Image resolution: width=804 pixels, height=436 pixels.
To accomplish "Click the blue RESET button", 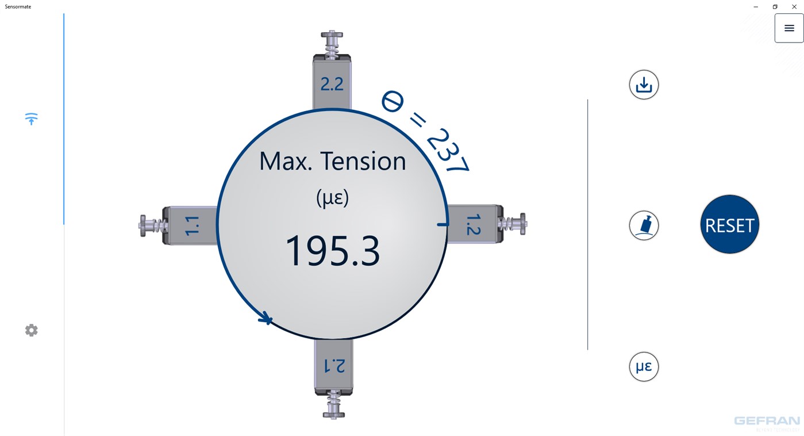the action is pos(729,224).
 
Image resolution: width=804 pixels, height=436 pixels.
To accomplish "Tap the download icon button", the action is pos(644,85).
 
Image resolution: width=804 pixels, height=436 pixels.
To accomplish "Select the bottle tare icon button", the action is pos(644,225).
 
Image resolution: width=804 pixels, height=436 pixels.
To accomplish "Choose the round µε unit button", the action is pos(644,366).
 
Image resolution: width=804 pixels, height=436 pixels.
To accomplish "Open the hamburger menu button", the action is pos(789,28).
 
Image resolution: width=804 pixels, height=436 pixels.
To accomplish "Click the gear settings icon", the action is pos(31,330).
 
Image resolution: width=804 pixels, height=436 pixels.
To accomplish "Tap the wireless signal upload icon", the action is pos(31,119).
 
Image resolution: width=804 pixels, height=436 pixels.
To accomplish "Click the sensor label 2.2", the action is pos(332,84).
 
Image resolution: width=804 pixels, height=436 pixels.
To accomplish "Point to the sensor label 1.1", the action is pos(192,226).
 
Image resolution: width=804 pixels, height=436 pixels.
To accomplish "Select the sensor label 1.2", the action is pos(473,225).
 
